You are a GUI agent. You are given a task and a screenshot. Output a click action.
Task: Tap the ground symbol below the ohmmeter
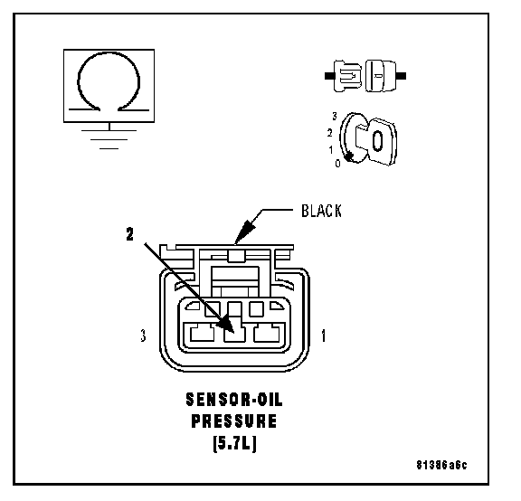click(109, 139)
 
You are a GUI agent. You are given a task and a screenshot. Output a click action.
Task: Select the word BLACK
click(321, 211)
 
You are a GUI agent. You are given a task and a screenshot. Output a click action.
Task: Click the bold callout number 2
click(129, 234)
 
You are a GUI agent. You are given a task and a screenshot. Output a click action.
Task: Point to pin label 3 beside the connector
click(143, 336)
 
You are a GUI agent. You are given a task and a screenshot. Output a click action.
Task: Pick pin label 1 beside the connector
click(324, 336)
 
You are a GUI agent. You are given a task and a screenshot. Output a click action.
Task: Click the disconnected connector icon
click(365, 76)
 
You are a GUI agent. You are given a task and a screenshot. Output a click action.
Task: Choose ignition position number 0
click(337, 164)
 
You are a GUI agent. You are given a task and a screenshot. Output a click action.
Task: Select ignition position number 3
click(335, 116)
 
